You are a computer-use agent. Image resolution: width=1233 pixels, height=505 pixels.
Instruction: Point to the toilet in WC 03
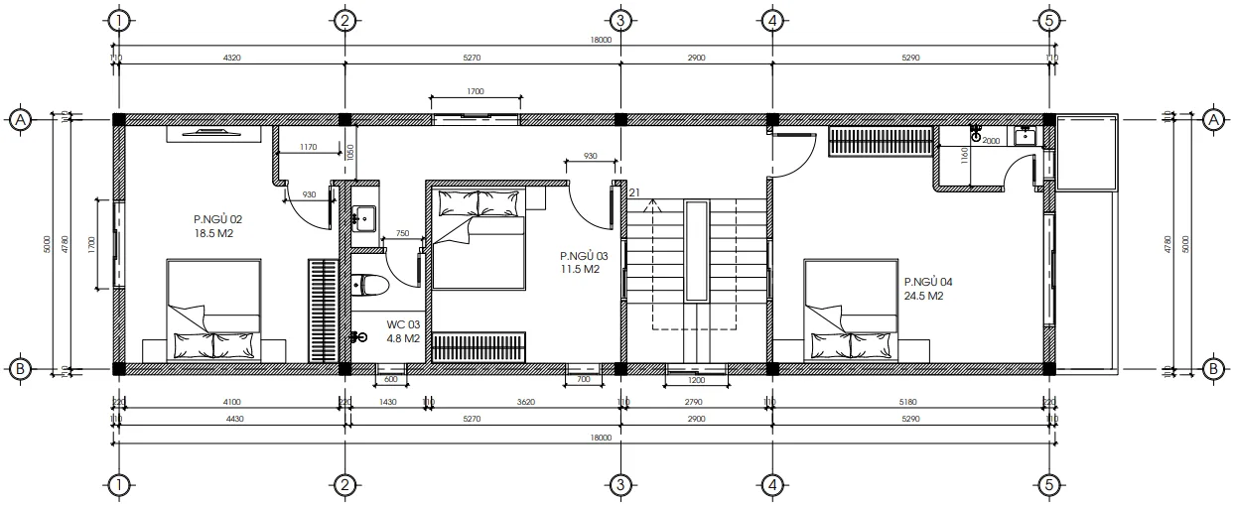coord(370,286)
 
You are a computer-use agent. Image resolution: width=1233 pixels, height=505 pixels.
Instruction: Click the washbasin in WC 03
coord(363,217)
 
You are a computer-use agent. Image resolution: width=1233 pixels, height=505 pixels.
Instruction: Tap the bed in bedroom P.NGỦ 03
coord(478,238)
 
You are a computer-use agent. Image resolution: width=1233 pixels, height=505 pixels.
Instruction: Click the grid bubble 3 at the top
coord(619,20)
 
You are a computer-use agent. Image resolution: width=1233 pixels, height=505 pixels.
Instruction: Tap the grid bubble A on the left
coord(20,120)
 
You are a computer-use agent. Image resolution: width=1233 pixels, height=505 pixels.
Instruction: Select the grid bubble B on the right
coord(1212,369)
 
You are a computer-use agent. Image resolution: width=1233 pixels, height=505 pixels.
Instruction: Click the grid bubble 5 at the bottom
coord(1048,485)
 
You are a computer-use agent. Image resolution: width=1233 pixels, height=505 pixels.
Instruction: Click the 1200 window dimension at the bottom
coord(695,380)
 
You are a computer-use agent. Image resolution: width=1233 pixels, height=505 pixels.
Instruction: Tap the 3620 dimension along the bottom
coord(525,402)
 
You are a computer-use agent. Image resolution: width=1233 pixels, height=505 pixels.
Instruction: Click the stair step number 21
coord(633,192)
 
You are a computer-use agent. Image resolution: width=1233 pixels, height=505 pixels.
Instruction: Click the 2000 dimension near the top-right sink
coord(991,141)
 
